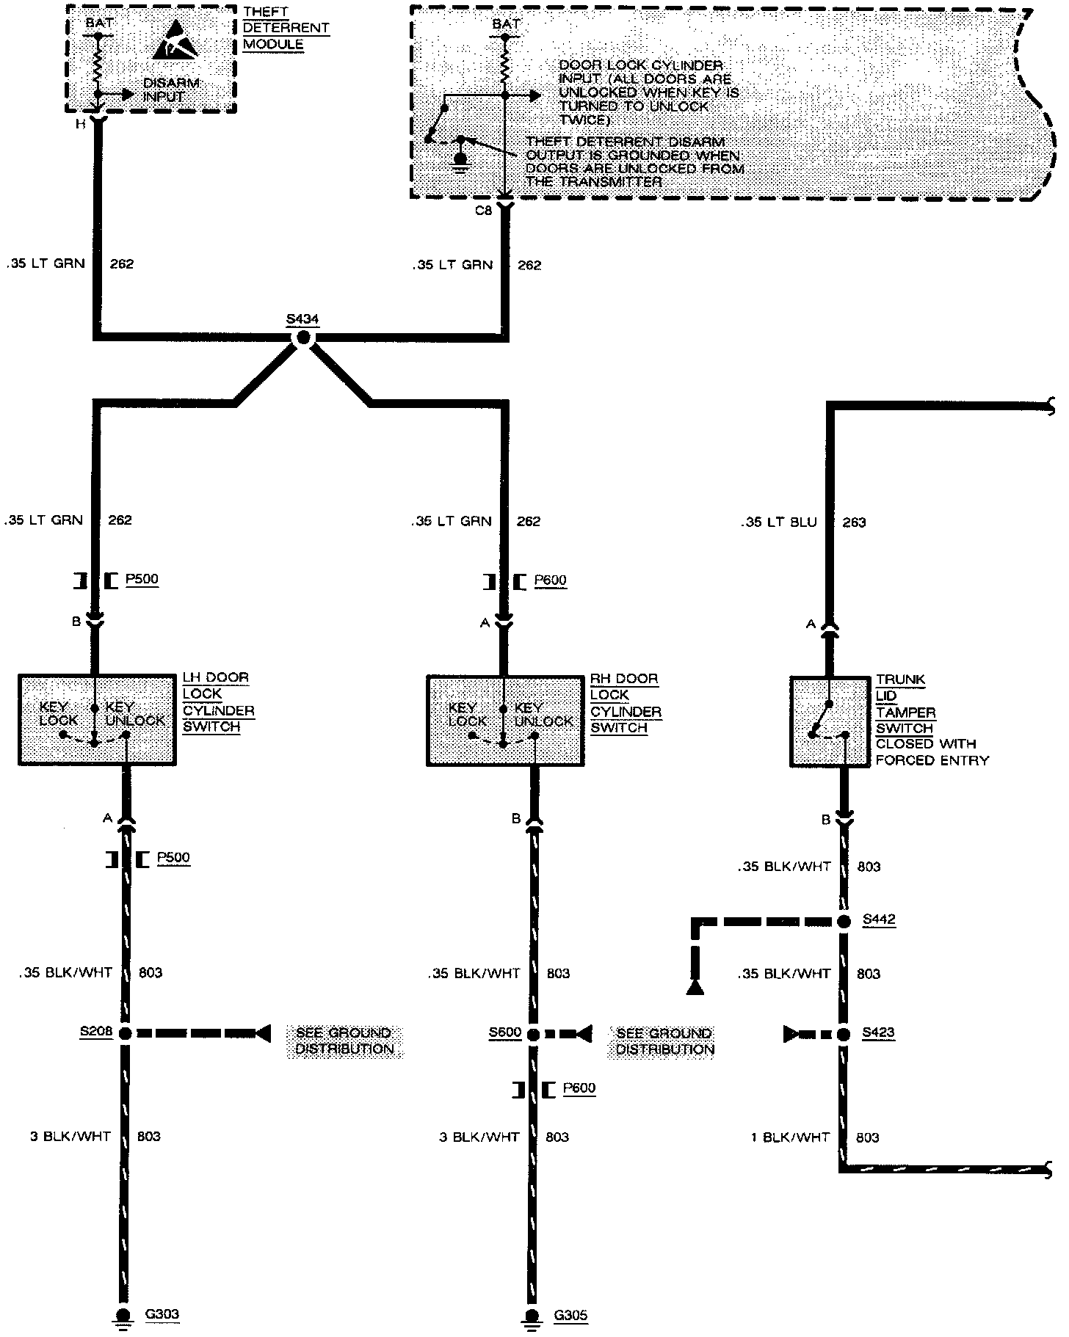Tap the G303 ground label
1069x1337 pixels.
pyautogui.click(x=162, y=1314)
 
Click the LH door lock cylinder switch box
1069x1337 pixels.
pyautogui.click(x=96, y=720)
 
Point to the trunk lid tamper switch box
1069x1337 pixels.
pyautogui.click(x=829, y=722)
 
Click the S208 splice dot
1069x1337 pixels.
pyautogui.click(x=124, y=1033)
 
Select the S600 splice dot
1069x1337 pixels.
pyautogui.click(x=533, y=1034)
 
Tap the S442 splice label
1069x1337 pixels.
pyautogui.click(x=879, y=919)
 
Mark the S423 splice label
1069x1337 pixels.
pyautogui.click(x=879, y=1033)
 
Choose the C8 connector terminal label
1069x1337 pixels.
pyautogui.click(x=483, y=211)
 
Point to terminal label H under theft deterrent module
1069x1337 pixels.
pyautogui.click(x=80, y=124)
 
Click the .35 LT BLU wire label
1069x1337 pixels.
pyautogui.click(x=778, y=522)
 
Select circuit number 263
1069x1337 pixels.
pyautogui.click(x=855, y=522)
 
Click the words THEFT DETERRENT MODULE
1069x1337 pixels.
pyautogui.click(x=285, y=29)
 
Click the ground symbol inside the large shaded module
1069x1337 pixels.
pyautogui.click(x=461, y=159)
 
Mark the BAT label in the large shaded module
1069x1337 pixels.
pyautogui.click(x=505, y=24)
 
